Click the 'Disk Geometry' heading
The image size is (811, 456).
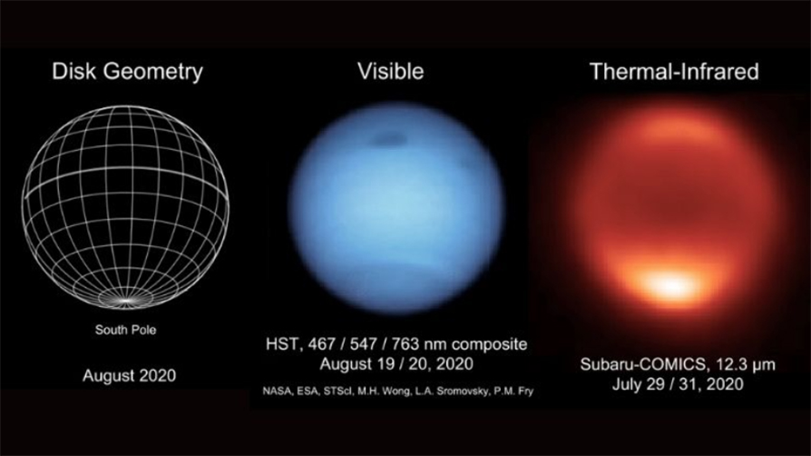(127, 72)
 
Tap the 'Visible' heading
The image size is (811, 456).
(390, 71)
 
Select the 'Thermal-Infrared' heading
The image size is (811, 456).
(674, 72)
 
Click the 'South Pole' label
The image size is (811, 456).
(125, 330)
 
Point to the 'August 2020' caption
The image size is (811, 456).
(130, 375)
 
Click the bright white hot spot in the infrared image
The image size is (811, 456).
(670, 284)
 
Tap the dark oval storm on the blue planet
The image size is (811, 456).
(386, 139)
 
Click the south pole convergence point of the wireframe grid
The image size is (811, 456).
(126, 300)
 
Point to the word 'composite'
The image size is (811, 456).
(489, 344)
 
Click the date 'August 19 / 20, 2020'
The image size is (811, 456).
(396, 363)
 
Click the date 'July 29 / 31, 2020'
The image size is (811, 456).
(678, 384)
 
